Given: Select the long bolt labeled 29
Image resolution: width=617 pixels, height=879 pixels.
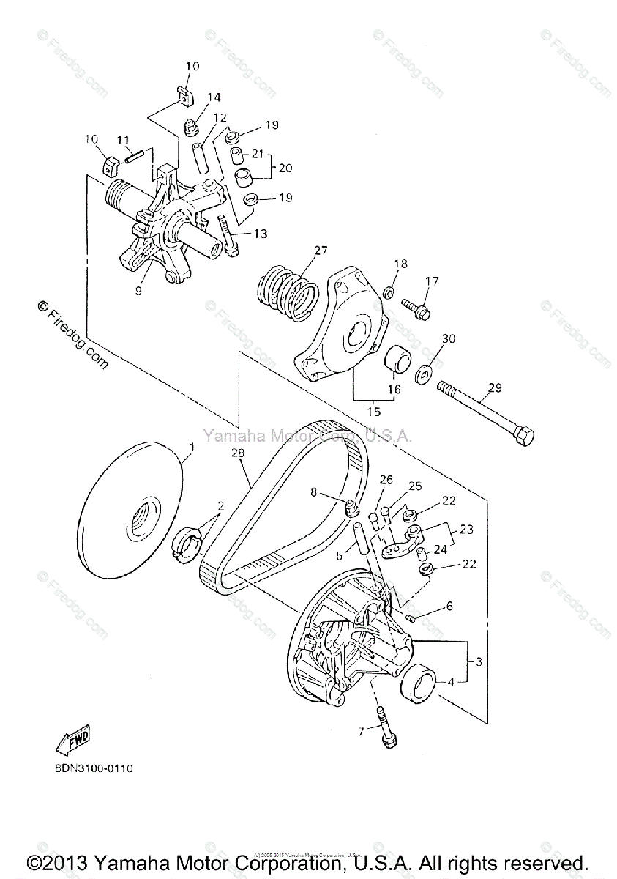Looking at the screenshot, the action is [483, 412].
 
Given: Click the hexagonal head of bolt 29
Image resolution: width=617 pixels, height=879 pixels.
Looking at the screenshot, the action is [523, 437].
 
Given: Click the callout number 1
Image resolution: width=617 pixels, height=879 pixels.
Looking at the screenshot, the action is [192, 447].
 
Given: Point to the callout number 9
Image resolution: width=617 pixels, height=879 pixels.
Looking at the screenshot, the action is [139, 290].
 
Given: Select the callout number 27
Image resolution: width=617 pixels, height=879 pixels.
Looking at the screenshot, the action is [319, 250].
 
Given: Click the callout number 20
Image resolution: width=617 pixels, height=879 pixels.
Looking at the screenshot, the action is [284, 168].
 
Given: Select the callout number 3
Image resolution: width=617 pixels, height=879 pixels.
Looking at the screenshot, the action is [478, 662].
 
